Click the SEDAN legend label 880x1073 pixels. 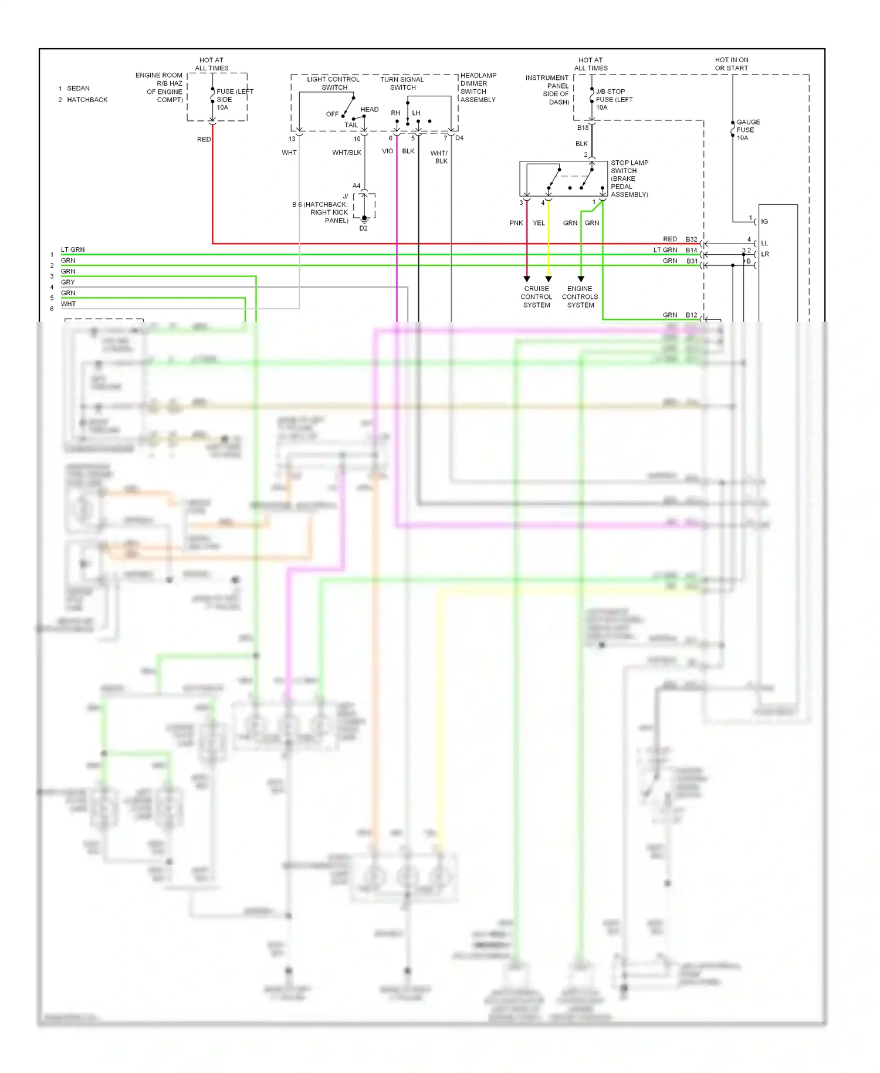click(x=78, y=88)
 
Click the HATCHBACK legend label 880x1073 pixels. click(x=87, y=100)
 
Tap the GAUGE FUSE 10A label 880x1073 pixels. click(x=747, y=130)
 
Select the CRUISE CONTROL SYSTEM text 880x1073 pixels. click(x=536, y=296)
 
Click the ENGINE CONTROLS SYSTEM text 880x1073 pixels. click(x=580, y=296)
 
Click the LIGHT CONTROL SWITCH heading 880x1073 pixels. click(x=333, y=83)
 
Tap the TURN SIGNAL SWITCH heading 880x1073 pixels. click(x=402, y=83)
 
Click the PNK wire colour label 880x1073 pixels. click(x=516, y=223)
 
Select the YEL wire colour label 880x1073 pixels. click(x=539, y=223)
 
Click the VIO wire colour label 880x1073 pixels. click(x=387, y=151)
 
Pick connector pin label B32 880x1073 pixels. click(x=691, y=239)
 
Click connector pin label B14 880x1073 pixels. click(x=691, y=250)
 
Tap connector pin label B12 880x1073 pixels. click(x=691, y=315)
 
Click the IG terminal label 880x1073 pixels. click(x=764, y=221)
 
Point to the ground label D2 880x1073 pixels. click(x=363, y=228)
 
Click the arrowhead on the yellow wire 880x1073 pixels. click(x=549, y=279)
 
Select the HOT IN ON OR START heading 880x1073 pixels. click(x=731, y=64)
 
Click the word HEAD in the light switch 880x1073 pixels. click(x=369, y=109)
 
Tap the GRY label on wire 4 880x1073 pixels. click(x=67, y=282)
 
